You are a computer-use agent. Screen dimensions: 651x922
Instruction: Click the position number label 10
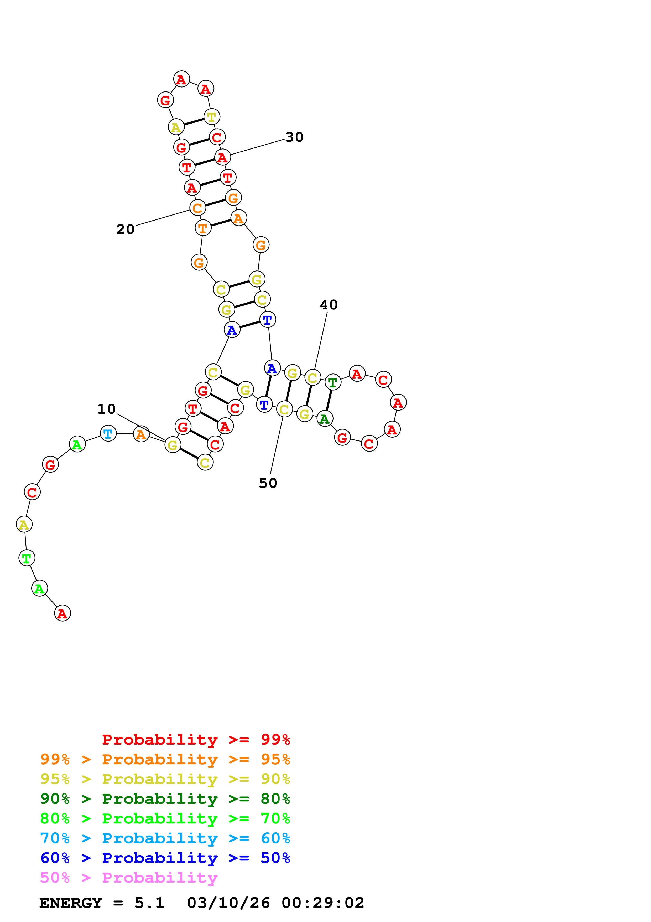pyautogui.click(x=106, y=409)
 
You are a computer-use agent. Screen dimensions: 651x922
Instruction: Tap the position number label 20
pyautogui.click(x=125, y=229)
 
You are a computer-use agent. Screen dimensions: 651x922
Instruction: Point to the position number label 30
pyautogui.click(x=294, y=137)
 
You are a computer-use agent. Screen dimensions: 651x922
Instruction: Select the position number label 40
pyautogui.click(x=329, y=305)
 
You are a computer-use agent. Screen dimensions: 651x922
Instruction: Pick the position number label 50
pyautogui.click(x=268, y=483)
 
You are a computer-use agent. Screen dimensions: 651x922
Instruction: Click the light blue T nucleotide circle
pyautogui.click(x=108, y=433)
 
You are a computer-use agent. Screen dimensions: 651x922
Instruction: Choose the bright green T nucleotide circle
pyautogui.click(x=27, y=558)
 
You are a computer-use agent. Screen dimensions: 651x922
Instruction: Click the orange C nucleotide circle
pyautogui.click(x=197, y=208)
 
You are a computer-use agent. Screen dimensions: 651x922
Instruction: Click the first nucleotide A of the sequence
pyautogui.click(x=62, y=613)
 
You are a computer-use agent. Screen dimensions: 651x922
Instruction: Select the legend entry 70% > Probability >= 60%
pyautogui.click(x=165, y=838)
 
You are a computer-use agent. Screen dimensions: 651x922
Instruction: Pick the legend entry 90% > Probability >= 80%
pyautogui.click(x=165, y=799)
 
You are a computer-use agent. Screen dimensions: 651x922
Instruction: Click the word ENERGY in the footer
pyautogui.click(x=71, y=903)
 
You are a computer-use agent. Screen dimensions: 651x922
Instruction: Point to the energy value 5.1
pyautogui.click(x=149, y=903)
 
